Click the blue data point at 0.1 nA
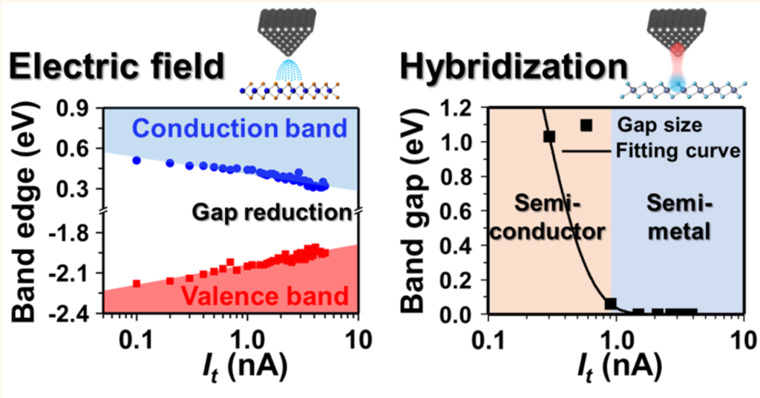click(x=137, y=160)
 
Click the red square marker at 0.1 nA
click(x=137, y=283)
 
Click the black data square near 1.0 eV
click(x=549, y=136)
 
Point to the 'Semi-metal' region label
click(x=675, y=218)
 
